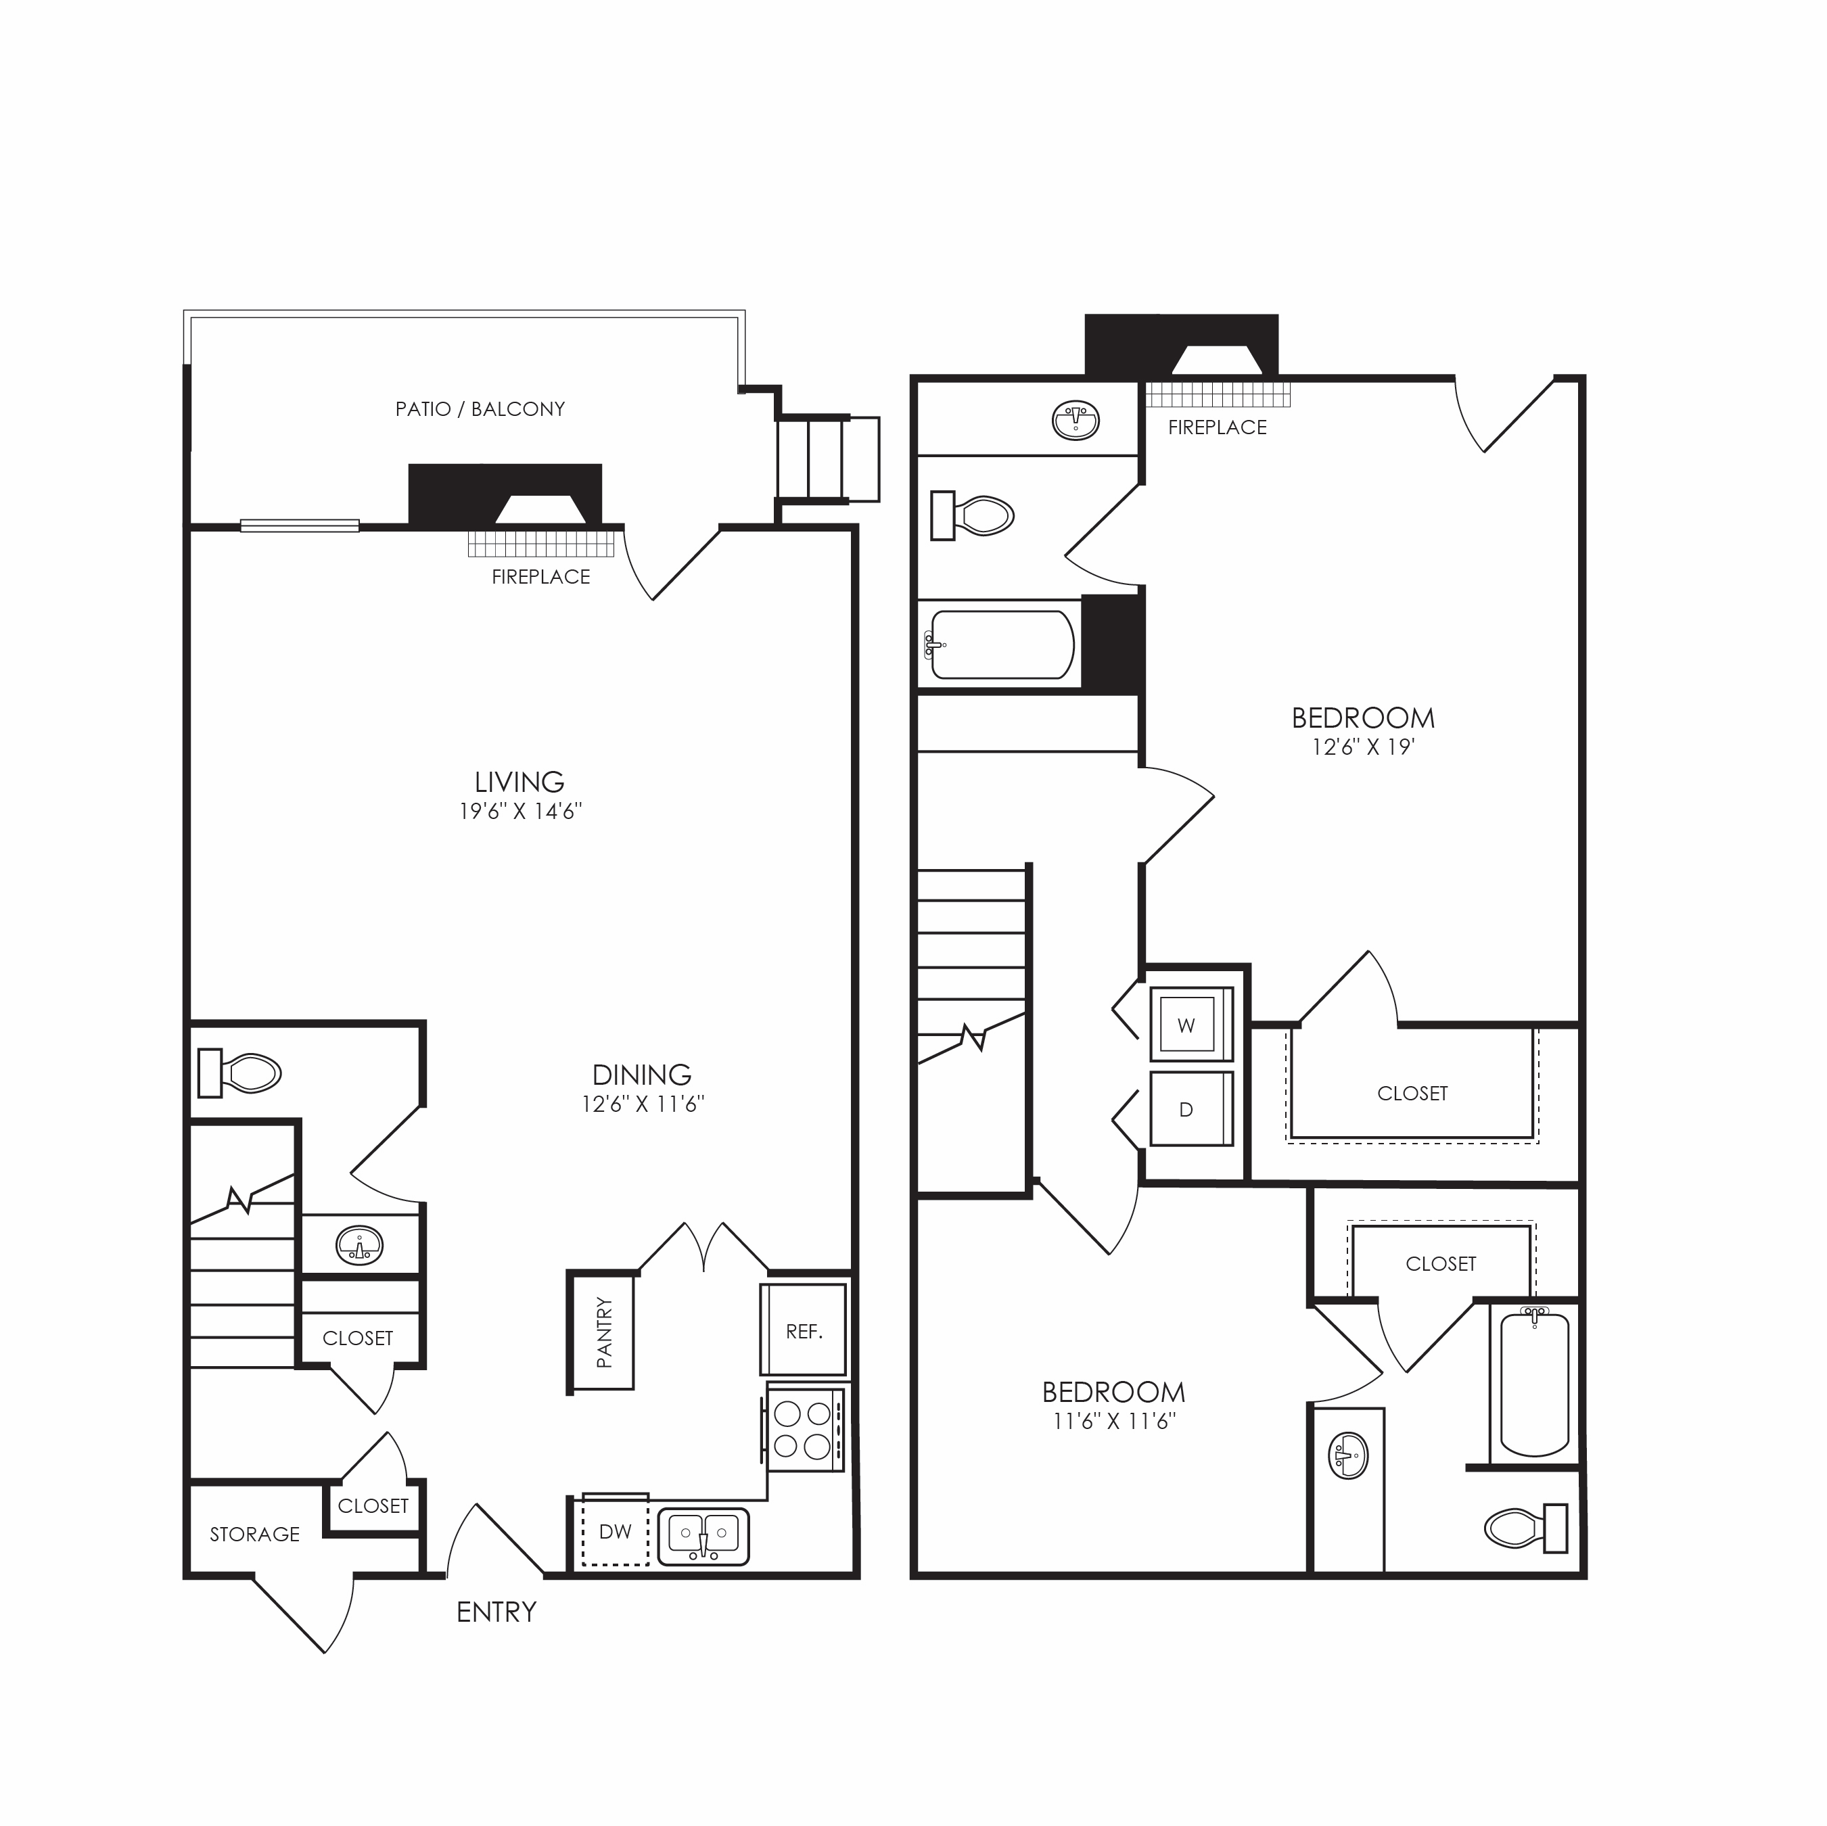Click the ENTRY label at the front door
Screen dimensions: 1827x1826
coord(496,1612)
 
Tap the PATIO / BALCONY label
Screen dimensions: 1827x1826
coord(480,409)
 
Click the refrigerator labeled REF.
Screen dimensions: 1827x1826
coord(804,1330)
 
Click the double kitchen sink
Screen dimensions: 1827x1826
coord(703,1537)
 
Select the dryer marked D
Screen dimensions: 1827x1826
coord(1192,1109)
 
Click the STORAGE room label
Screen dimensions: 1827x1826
coord(254,1535)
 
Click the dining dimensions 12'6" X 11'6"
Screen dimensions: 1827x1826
coord(643,1104)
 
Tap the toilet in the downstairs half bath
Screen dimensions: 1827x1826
coord(239,1073)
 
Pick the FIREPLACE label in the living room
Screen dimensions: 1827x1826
coord(541,577)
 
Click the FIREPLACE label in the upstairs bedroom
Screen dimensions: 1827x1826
coord(1217,427)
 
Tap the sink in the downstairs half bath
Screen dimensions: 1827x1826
coord(359,1245)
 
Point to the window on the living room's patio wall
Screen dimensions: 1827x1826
coord(300,525)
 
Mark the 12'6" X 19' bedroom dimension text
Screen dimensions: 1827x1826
coord(1363,747)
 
